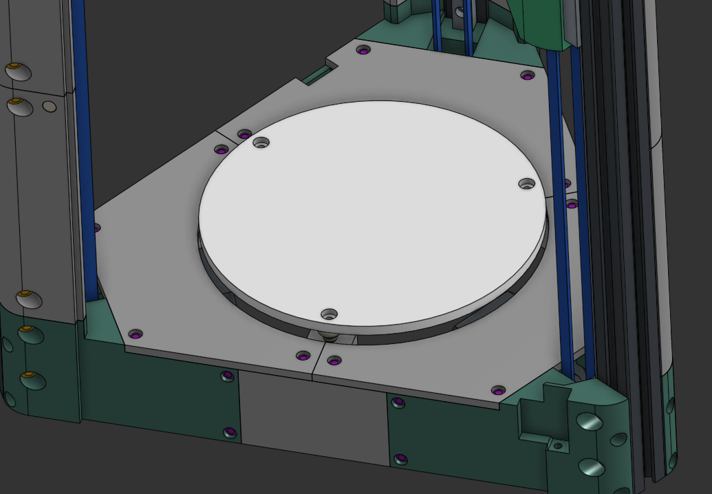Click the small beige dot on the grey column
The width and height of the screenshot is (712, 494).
pos(49,106)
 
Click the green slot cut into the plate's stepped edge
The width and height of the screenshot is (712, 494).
pos(316,75)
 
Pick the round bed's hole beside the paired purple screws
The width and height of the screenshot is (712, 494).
pos(261,142)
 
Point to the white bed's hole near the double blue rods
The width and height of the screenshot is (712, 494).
pos(526,184)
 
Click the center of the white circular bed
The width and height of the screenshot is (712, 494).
pos(371,213)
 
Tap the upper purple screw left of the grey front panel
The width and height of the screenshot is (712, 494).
pos(227,376)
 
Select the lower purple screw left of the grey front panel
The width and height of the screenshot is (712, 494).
pos(230,433)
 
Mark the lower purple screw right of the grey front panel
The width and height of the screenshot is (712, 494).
pos(401,458)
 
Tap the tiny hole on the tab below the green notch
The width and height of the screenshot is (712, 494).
pos(558,446)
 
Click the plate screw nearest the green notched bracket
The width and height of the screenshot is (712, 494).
pos(498,391)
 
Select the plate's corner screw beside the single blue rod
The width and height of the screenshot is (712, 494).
pos(136,334)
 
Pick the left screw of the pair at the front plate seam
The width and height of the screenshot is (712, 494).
pos(303,356)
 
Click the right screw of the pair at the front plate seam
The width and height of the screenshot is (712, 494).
pos(334,361)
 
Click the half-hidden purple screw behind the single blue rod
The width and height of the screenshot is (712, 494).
pos(96,228)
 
